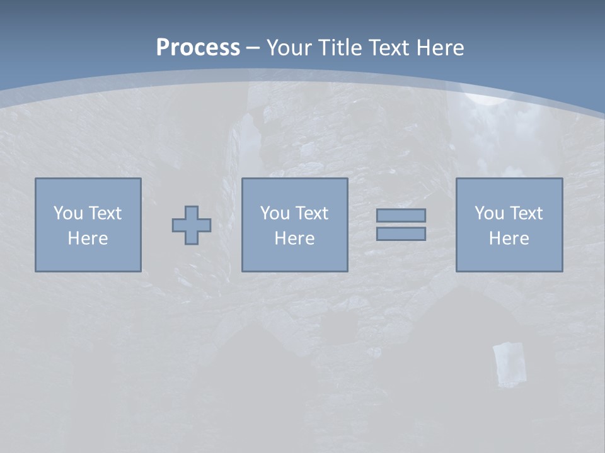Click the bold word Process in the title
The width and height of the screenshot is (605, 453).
198,48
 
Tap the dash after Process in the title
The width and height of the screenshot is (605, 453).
253,48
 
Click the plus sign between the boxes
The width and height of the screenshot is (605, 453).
192,225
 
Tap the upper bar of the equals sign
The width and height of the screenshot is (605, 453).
401,216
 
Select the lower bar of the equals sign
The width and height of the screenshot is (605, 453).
401,233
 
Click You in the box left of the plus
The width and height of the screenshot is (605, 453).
67,213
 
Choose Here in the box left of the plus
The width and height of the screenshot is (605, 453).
88,238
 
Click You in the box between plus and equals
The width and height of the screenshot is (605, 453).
275,213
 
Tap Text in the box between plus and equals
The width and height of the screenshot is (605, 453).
311,213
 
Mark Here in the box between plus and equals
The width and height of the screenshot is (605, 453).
294,238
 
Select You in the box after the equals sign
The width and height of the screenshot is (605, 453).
489,213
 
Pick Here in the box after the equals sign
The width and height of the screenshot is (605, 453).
509,238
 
